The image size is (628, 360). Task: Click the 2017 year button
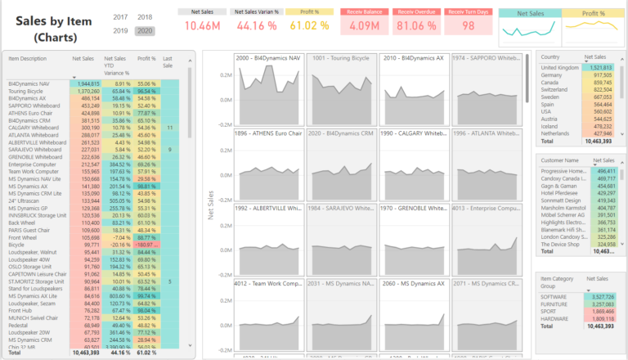click(x=120, y=17)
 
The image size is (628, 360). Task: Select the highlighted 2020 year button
click(x=146, y=30)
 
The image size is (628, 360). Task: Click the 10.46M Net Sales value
click(x=202, y=25)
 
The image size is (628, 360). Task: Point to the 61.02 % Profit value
click(x=308, y=25)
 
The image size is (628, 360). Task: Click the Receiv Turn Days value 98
click(x=468, y=25)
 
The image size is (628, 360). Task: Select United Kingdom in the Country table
click(x=560, y=67)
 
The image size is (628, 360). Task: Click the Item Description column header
click(x=29, y=59)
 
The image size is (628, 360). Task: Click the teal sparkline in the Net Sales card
click(x=523, y=29)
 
